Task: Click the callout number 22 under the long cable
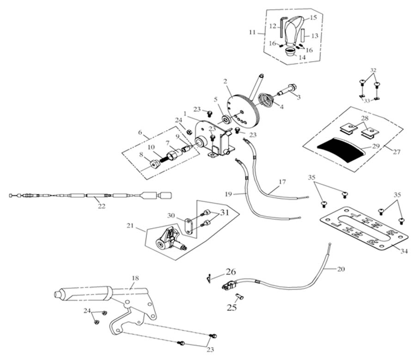pyautogui.click(x=102, y=206)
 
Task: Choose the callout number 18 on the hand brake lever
pyautogui.click(x=135, y=279)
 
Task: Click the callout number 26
pyautogui.click(x=230, y=272)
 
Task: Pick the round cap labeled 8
pyautogui.click(x=152, y=163)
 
